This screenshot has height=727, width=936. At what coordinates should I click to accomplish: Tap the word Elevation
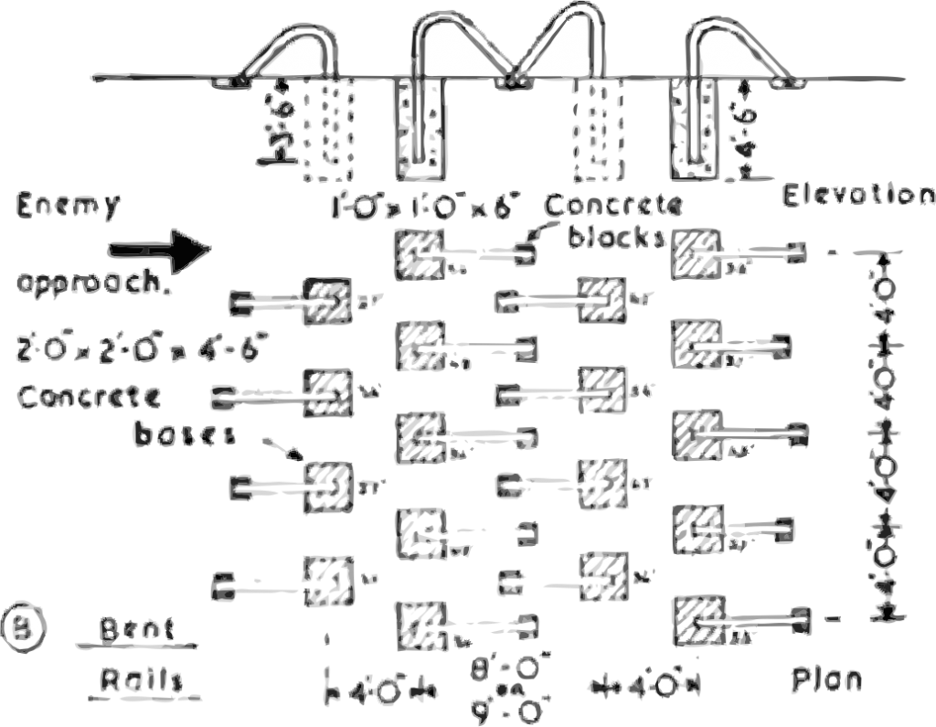pos(858,196)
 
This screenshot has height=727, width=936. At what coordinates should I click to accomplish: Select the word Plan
pos(826,680)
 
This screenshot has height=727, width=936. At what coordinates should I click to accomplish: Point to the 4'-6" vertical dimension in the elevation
pos(747,128)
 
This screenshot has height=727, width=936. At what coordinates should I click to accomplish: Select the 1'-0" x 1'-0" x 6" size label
pos(424,207)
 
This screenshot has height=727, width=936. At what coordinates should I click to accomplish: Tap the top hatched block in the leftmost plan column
pos(326,299)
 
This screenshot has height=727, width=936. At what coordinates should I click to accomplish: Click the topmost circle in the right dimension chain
pos(884,287)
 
